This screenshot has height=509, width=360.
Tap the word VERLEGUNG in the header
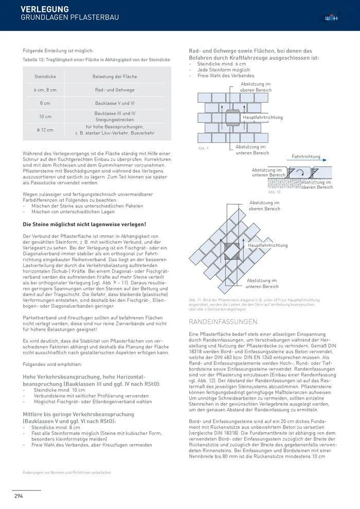[x=44, y=9]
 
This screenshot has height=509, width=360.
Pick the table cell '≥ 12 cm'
[x=45, y=130]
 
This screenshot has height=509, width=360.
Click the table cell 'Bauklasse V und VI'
[x=115, y=103]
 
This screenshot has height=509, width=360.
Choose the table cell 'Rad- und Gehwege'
[x=115, y=89]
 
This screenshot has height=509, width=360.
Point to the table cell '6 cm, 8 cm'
[x=45, y=89]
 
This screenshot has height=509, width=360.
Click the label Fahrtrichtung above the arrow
[x=305, y=156]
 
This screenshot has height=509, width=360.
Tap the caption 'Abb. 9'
[x=203, y=148]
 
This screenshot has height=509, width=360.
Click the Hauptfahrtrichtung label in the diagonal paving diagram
[x=267, y=245]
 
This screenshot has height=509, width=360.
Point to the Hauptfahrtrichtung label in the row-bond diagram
[x=262, y=117]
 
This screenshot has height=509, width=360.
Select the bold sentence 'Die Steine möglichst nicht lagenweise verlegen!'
[x=84, y=224]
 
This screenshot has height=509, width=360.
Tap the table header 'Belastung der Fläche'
[x=115, y=76]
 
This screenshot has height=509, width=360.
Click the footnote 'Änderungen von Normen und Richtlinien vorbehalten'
[x=67, y=472]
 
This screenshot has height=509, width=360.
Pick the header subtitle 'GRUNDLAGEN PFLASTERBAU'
[x=69, y=18]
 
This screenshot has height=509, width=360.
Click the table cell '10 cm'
[x=45, y=116]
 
